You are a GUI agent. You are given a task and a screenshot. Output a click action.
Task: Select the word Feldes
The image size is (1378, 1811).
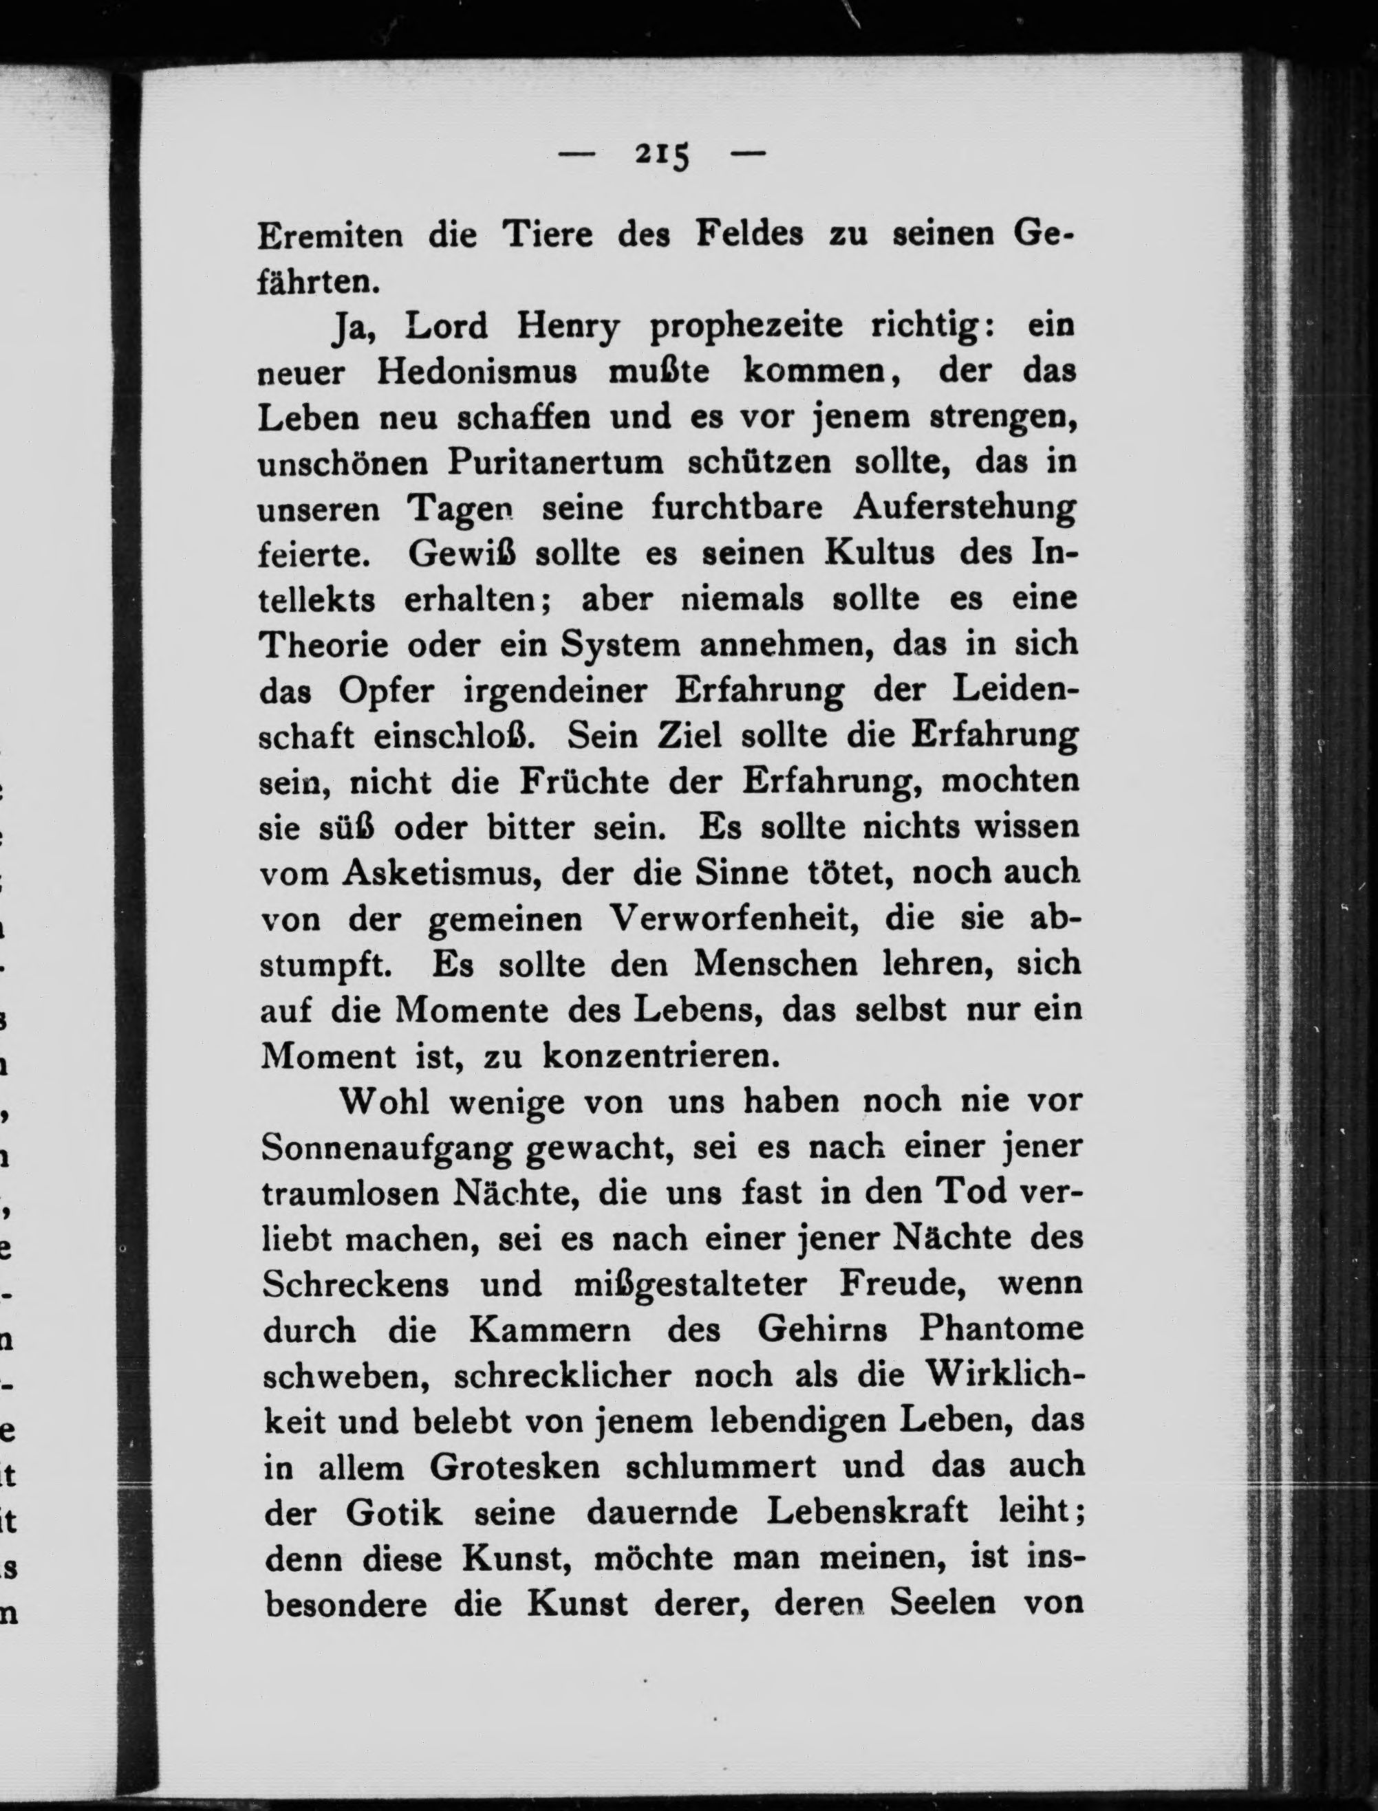[749, 235]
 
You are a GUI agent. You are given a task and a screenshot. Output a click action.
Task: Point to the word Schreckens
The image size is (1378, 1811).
[356, 1284]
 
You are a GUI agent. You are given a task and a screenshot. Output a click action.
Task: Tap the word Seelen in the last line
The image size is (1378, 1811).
[943, 1603]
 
